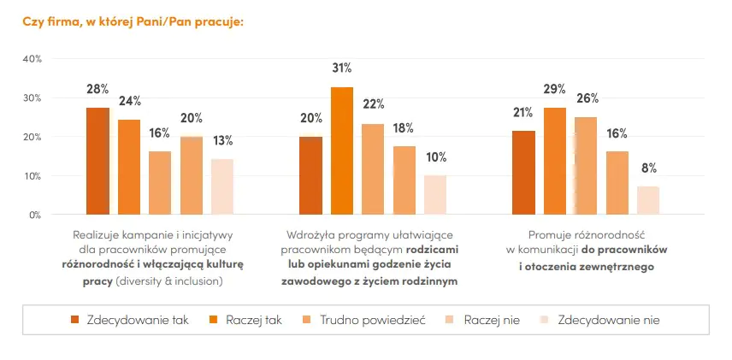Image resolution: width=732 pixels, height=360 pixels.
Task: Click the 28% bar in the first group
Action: pyautogui.click(x=97, y=161)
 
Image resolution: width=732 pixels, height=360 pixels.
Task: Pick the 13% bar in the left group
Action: pyautogui.click(x=221, y=186)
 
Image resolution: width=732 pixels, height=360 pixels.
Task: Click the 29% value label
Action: pyautogui.click(x=555, y=90)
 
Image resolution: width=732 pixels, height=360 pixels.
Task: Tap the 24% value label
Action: pyautogui.click(x=129, y=102)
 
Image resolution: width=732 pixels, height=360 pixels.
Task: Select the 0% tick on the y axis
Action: pyautogui.click(x=34, y=215)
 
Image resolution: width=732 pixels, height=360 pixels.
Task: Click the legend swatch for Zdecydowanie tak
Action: pyautogui.click(x=75, y=320)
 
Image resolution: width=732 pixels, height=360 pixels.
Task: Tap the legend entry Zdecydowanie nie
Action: pyautogui.click(x=608, y=320)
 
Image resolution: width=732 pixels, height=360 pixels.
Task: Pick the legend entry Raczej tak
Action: pyautogui.click(x=254, y=320)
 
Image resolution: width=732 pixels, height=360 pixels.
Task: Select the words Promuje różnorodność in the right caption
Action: pyautogui.click(x=586, y=233)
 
